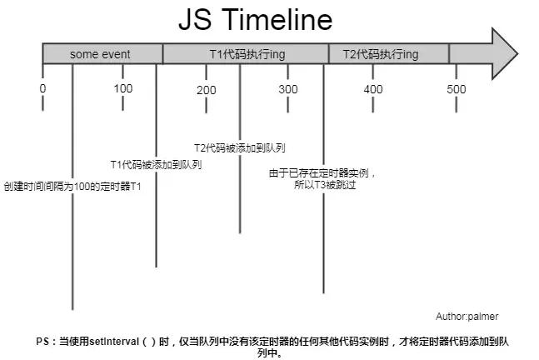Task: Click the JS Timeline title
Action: pyautogui.click(x=256, y=19)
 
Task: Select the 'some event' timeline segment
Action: pyautogui.click(x=102, y=54)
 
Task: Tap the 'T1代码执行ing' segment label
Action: pyautogui.click(x=247, y=54)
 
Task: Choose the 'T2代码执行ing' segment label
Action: pyautogui.click(x=381, y=54)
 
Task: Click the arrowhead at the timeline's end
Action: pyautogui.click(x=504, y=53)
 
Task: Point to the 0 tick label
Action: pyautogui.click(x=42, y=88)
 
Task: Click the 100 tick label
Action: pyautogui.click(x=123, y=88)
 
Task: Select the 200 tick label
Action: pyautogui.click(x=207, y=90)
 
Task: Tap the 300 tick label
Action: pyautogui.click(x=288, y=89)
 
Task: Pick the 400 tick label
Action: pyautogui.click(x=373, y=89)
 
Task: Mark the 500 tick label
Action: pyautogui.click(x=457, y=89)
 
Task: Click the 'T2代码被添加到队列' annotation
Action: pyautogui.click(x=240, y=147)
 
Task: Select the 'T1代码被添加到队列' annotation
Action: pyautogui.click(x=156, y=165)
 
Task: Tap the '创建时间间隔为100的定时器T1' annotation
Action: pyautogui.click(x=72, y=187)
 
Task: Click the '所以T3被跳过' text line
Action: pyautogui.click(x=325, y=185)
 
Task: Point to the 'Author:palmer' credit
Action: pyautogui.click(x=467, y=317)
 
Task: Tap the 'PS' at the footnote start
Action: pyautogui.click(x=42, y=342)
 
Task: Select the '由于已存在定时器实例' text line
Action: pyautogui.click(x=319, y=172)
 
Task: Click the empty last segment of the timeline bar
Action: pyautogui.click(x=471, y=53)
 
